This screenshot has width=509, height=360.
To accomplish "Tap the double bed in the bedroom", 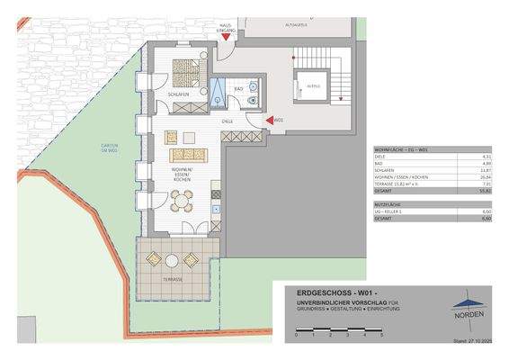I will (188, 69).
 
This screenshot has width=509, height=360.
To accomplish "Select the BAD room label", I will (240, 89).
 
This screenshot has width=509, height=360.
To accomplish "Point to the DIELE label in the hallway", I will (228, 120).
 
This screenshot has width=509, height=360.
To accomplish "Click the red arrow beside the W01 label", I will (267, 119).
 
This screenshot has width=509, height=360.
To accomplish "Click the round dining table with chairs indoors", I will (183, 202).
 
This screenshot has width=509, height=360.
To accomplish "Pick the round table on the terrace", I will (172, 260).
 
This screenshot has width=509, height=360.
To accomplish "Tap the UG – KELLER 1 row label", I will (391, 211).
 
